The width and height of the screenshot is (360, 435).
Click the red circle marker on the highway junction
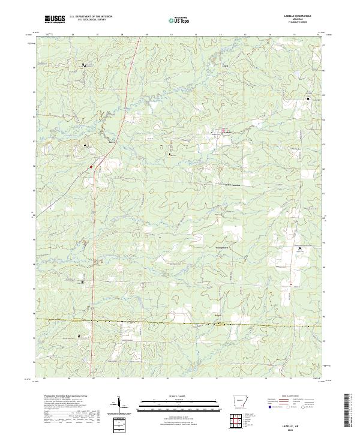point(91,167)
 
